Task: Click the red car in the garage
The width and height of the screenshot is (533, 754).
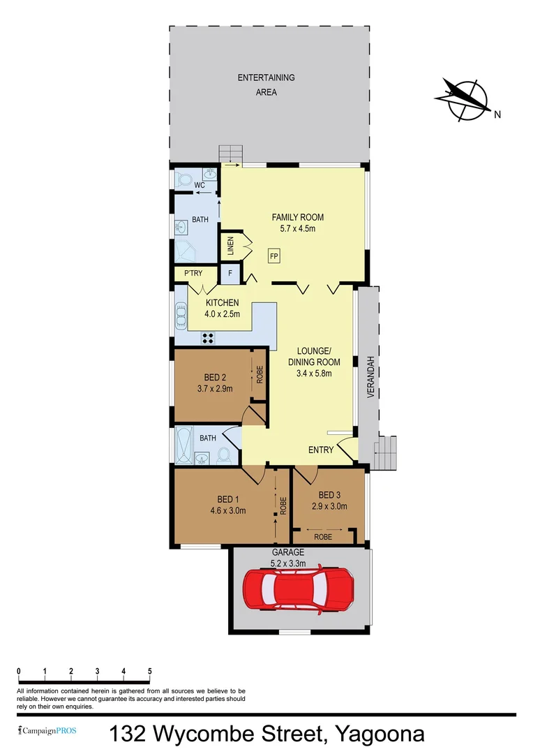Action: point(298,591)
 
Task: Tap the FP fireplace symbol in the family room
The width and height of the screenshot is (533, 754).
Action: point(274,256)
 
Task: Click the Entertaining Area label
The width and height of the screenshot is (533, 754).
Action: point(266,84)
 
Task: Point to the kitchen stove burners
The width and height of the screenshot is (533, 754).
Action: point(208,338)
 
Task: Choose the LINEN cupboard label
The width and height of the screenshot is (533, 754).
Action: point(230,246)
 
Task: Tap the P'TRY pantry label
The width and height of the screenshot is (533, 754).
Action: point(193,274)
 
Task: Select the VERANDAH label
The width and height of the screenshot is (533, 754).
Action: point(371,377)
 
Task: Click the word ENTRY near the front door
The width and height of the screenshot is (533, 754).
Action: point(322,450)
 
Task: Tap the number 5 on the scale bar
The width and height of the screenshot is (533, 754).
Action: point(150,671)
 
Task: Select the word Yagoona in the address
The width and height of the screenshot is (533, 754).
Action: point(380,735)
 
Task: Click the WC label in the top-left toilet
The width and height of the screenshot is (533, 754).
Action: point(199,186)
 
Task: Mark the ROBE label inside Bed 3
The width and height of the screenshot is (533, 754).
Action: point(322,538)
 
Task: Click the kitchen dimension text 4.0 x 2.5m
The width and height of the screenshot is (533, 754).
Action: point(222,314)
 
